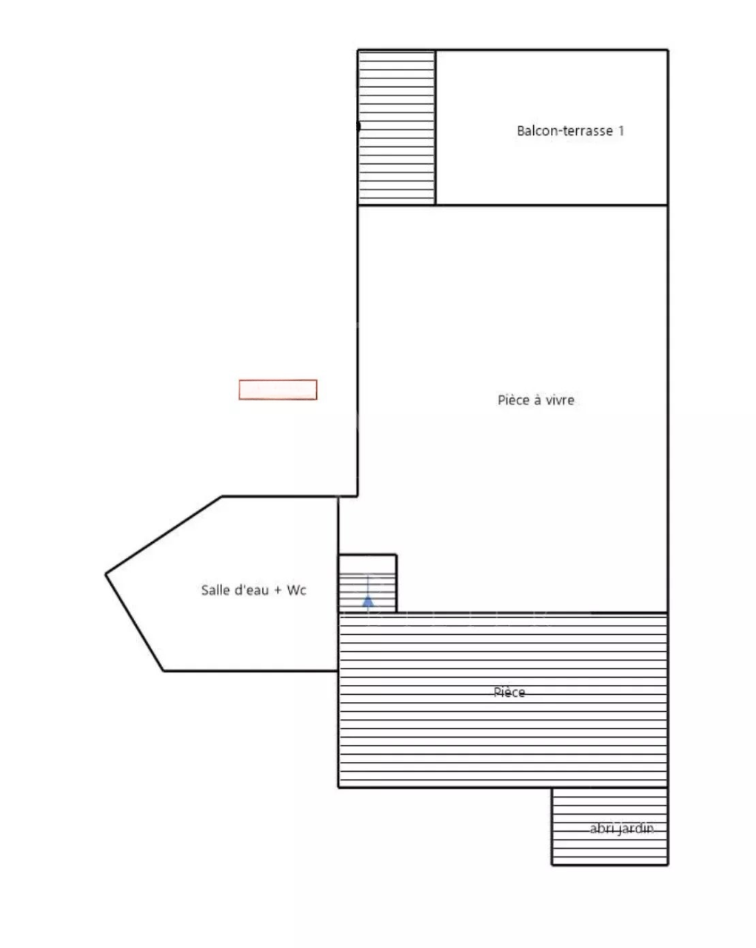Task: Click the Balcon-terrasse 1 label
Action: coord(570,131)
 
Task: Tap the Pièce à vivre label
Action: coord(535,400)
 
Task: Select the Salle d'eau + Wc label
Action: coord(253,590)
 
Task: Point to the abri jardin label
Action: coord(621,829)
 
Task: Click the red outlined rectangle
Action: coord(278,390)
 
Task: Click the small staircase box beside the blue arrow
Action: coord(381,583)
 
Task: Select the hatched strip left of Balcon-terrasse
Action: coord(397,127)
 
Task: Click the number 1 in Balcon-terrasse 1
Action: coord(620,131)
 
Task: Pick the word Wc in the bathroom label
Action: coord(296,590)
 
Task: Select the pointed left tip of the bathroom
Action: coord(107,573)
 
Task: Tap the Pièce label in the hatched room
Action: coord(509,692)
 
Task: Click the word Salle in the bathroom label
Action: coord(215,590)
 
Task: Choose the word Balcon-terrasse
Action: coord(565,131)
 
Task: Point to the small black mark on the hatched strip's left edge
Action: coord(359,126)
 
